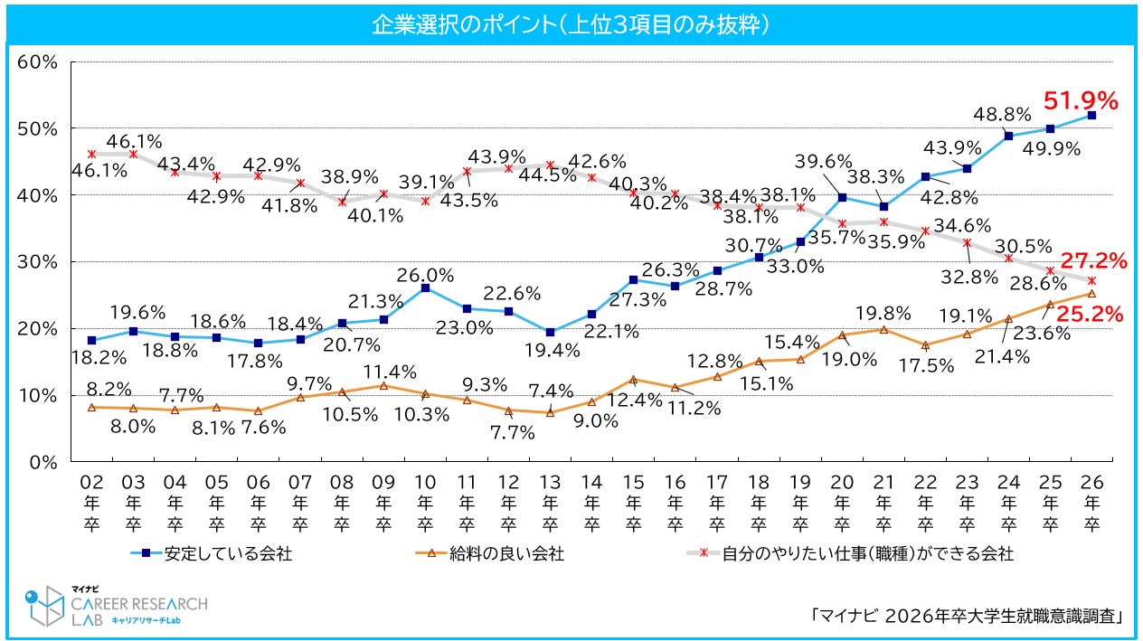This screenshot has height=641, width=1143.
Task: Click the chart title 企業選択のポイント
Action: point(571,24)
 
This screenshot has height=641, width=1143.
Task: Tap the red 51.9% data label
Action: point(1082,99)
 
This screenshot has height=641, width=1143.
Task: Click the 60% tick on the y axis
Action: point(38,62)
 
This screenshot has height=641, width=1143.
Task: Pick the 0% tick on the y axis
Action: point(43,462)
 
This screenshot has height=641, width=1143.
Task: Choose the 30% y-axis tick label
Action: point(38,262)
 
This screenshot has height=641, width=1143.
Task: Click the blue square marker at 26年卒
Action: point(1091,116)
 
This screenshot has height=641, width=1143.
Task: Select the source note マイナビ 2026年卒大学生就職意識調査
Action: point(968,616)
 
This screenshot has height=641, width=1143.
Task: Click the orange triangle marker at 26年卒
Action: point(1091,294)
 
